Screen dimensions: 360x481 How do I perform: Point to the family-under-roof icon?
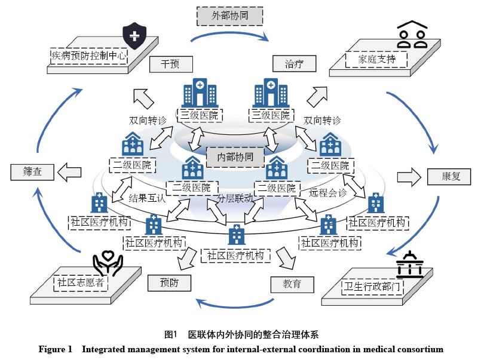click(413, 35)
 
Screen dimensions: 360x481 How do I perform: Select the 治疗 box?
click(293, 64)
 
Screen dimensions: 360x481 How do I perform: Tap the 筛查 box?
click(32, 173)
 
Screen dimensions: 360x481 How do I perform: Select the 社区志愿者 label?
click(81, 282)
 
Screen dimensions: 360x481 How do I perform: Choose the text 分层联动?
click(235, 198)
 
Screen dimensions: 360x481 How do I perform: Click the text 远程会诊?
click(327, 192)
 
